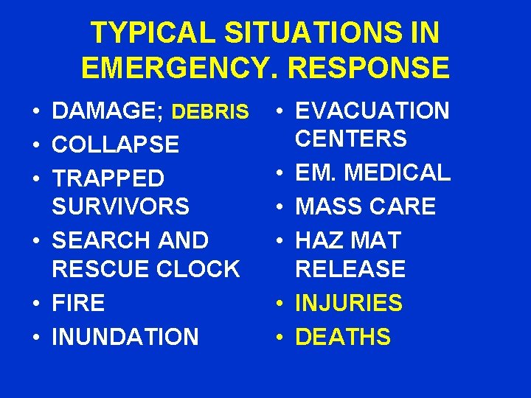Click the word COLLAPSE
116,144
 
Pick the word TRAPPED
108,178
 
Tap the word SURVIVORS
121,206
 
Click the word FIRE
78,303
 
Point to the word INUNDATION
125,337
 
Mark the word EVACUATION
372,111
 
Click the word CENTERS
351,138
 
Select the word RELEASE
350,269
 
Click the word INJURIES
349,303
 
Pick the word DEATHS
343,337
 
